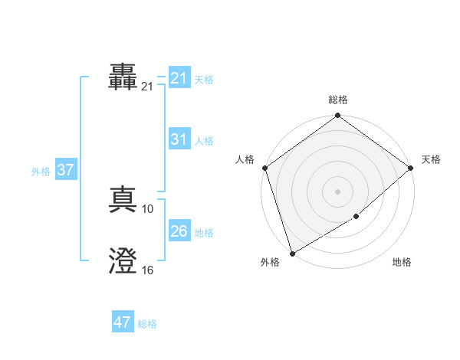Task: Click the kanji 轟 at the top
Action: click(x=123, y=78)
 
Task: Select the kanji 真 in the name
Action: click(x=123, y=201)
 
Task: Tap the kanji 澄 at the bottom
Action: click(x=123, y=263)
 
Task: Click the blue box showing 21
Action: click(x=179, y=78)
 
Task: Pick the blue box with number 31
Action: click(x=179, y=139)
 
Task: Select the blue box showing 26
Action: click(x=179, y=231)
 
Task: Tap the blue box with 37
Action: click(x=65, y=170)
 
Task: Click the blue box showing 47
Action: click(x=122, y=322)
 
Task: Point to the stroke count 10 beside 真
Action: click(x=148, y=208)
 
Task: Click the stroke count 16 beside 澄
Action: click(x=148, y=270)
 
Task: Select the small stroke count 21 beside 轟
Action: click(x=147, y=87)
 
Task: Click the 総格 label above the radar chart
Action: click(x=338, y=100)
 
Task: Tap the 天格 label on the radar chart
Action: click(x=431, y=159)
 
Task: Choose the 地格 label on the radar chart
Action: click(x=402, y=262)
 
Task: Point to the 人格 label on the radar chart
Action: click(x=245, y=159)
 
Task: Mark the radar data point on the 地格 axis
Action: click(x=356, y=217)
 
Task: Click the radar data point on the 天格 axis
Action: click(x=411, y=168)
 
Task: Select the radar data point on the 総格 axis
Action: click(x=338, y=116)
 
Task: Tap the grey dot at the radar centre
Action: click(x=338, y=191)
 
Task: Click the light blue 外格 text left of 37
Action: click(x=41, y=172)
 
